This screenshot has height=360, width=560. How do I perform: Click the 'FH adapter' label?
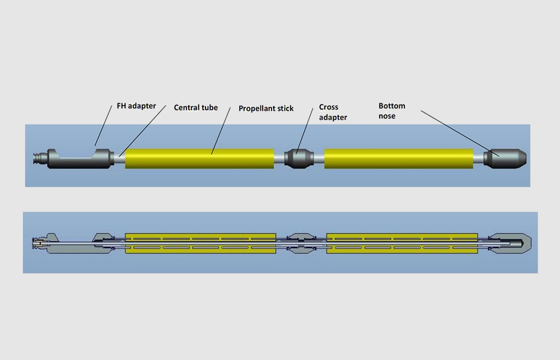136,106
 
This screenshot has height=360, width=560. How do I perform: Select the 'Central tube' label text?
195,107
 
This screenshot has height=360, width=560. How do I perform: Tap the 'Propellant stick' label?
266,108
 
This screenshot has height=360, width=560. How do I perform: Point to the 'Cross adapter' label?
333,112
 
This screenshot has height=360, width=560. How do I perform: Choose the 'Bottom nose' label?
392,111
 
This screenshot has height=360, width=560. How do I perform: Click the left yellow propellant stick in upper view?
199,158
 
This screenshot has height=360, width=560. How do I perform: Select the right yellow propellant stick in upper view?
399,158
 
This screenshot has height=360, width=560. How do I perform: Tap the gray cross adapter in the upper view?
299,158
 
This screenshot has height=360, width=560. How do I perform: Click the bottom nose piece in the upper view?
505,158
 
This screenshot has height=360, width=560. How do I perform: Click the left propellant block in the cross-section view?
200,244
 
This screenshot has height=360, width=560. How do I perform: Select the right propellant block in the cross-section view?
402,244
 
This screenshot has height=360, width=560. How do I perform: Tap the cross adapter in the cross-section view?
301,244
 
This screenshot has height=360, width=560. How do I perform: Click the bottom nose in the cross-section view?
509,244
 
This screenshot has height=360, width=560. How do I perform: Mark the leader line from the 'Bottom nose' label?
460,134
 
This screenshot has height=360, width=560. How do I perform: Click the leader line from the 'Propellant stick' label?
221,130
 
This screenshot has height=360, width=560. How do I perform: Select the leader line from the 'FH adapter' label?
104,126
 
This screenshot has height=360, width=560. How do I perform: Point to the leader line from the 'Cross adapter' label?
305,131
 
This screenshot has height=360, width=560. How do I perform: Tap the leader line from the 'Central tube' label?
142,131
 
